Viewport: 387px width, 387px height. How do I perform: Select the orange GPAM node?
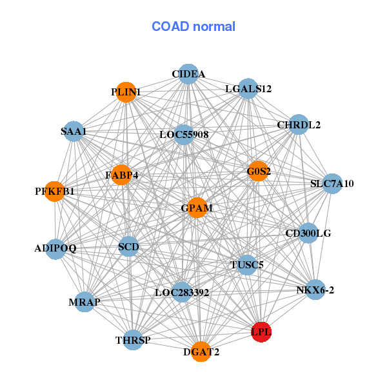[196, 208]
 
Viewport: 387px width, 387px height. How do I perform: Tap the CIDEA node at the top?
[188, 74]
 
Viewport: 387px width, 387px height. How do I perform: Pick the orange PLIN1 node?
[126, 92]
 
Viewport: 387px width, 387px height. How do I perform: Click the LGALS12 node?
[248, 88]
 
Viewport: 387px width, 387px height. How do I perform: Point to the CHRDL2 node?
[298, 124]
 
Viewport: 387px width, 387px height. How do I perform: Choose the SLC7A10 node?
[332, 184]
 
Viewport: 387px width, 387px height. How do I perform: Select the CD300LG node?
[308, 233]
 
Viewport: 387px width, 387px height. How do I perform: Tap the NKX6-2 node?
[315, 290]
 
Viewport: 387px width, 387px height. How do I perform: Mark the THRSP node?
[133, 340]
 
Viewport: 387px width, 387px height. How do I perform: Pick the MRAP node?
[84, 301]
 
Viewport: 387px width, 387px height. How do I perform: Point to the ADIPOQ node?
[55, 248]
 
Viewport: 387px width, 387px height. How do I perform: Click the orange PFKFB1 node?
[55, 191]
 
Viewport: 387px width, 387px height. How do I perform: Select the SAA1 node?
[74, 132]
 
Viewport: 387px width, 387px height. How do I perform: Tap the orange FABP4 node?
[121, 174]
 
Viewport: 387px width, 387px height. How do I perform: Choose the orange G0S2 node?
[258, 171]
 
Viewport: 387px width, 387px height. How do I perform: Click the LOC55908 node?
[184, 135]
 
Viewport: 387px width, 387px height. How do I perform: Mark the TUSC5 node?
[247, 264]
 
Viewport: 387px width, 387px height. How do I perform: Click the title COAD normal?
[193, 26]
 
